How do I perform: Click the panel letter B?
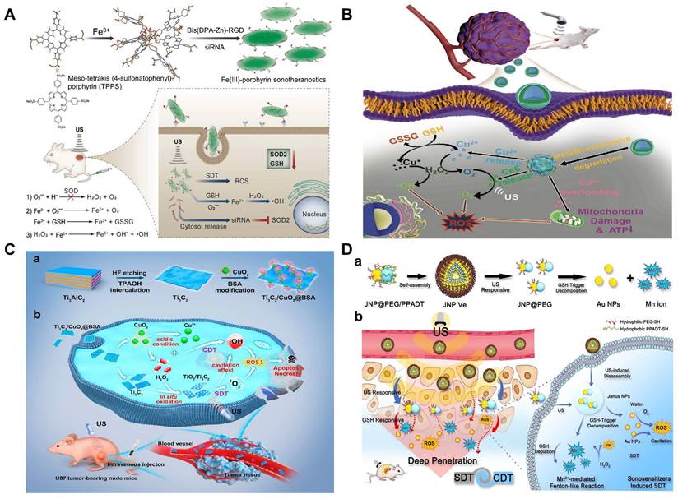pos(346,15)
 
